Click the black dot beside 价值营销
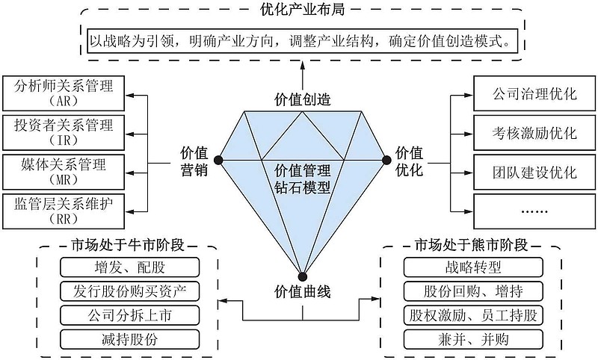[218, 159]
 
